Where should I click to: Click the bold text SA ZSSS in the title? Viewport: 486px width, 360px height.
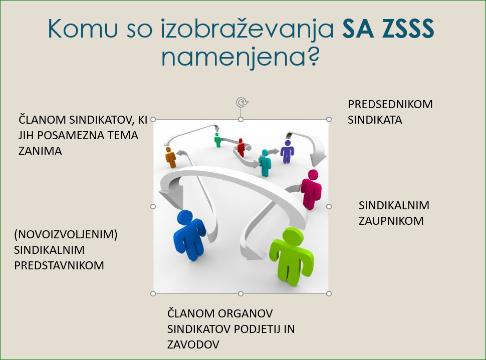388,29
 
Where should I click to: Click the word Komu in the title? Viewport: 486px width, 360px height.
83,29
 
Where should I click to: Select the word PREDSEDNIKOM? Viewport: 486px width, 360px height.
390,105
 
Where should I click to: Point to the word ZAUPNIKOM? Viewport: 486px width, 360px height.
391,221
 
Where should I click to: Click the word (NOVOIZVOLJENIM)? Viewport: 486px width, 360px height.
66,234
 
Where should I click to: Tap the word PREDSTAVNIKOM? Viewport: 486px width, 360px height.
59,265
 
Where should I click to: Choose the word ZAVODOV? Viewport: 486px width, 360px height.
193,344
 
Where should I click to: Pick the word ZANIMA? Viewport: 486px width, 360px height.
40,151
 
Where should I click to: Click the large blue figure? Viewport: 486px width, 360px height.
189,234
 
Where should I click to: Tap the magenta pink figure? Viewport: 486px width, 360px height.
311,189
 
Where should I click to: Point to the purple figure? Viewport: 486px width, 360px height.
287,152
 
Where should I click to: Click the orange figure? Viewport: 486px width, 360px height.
170,157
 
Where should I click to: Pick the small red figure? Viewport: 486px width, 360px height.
241,147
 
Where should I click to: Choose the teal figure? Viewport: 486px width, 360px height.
265,163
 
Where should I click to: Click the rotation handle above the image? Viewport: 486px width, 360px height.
242,102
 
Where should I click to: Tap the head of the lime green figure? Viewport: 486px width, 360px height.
293,236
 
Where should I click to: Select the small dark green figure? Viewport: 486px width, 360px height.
217,140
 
